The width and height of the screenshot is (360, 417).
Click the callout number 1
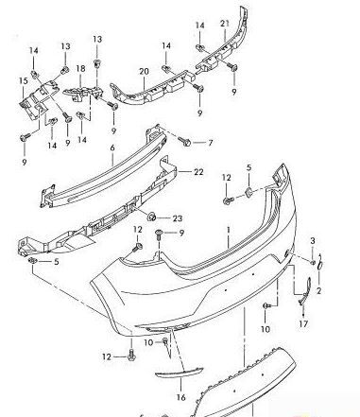(x=227, y=230)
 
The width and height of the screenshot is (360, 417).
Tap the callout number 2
(x=318, y=290)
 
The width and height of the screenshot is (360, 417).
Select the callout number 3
(x=313, y=241)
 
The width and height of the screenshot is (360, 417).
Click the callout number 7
(x=210, y=143)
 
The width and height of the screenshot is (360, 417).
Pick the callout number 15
(x=24, y=82)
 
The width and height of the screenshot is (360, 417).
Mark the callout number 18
(x=81, y=69)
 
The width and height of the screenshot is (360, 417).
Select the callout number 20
(x=145, y=71)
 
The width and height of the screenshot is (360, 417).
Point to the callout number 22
(x=198, y=172)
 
